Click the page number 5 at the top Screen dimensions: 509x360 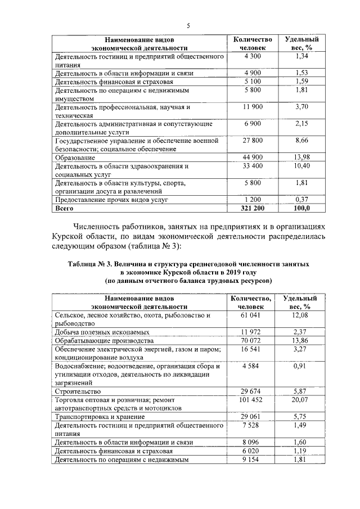(188, 25)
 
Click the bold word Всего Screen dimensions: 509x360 (64, 208)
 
